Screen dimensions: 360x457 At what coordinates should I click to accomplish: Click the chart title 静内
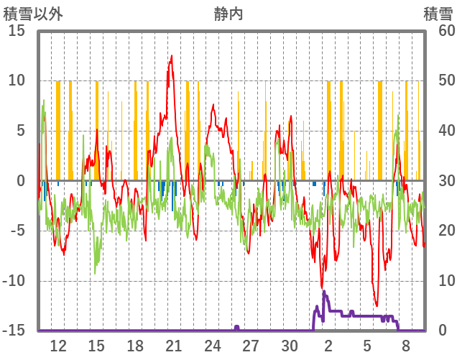(228, 14)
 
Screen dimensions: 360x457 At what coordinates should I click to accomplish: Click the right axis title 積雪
(438, 14)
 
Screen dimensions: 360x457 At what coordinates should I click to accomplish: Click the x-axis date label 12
(58, 346)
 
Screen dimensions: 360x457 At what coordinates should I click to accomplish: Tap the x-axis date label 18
(135, 346)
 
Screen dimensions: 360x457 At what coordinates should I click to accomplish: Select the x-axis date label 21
(173, 346)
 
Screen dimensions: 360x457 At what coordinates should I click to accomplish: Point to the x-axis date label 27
(250, 346)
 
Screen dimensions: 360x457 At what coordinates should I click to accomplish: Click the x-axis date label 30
(289, 346)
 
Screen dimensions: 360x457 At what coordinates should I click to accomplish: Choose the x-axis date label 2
(328, 346)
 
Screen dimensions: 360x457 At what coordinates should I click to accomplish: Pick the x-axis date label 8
(405, 346)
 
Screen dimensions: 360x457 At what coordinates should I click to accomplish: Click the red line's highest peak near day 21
(171, 55)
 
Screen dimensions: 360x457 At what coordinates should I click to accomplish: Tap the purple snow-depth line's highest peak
(324, 291)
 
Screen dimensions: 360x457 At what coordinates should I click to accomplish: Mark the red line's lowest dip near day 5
(376, 305)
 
